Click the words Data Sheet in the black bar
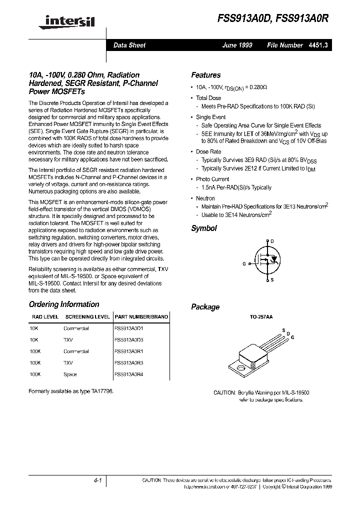[129, 45]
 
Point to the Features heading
[205, 75]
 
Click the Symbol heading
[203, 228]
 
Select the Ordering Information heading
[63, 304]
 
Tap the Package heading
[205, 307]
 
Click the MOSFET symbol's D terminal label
[272, 241]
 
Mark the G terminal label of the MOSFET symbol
[244, 263]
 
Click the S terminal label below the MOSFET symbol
[271, 280]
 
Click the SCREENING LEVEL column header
[87, 317]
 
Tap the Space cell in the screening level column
[70, 374]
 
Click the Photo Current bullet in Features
[212, 179]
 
